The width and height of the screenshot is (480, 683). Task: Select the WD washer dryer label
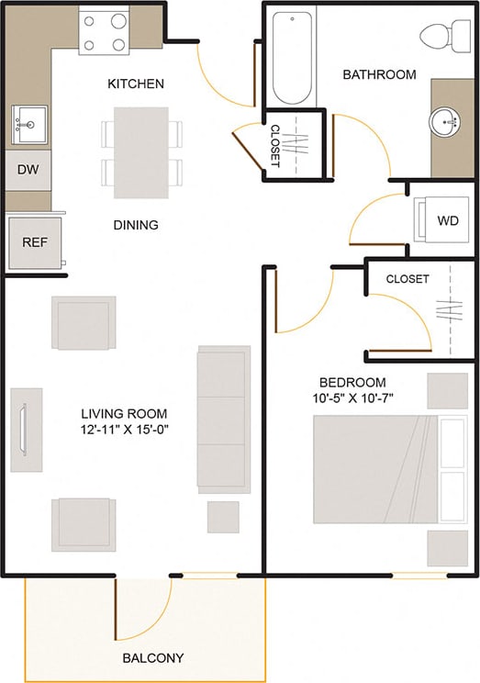tap(447, 221)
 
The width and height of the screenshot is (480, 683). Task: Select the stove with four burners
tap(103, 30)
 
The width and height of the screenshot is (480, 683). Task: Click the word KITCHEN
tap(136, 84)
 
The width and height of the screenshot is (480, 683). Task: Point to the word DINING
tap(136, 225)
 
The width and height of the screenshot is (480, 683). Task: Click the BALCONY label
tap(153, 658)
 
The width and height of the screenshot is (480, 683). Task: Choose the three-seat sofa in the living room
tap(223, 419)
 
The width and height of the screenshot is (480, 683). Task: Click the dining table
tap(141, 152)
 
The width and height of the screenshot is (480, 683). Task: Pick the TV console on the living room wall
tap(26, 430)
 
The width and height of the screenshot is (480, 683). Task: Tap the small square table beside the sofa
tap(223, 517)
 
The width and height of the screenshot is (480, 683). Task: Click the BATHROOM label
tap(379, 74)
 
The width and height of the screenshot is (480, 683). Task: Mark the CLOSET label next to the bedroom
tap(407, 279)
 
